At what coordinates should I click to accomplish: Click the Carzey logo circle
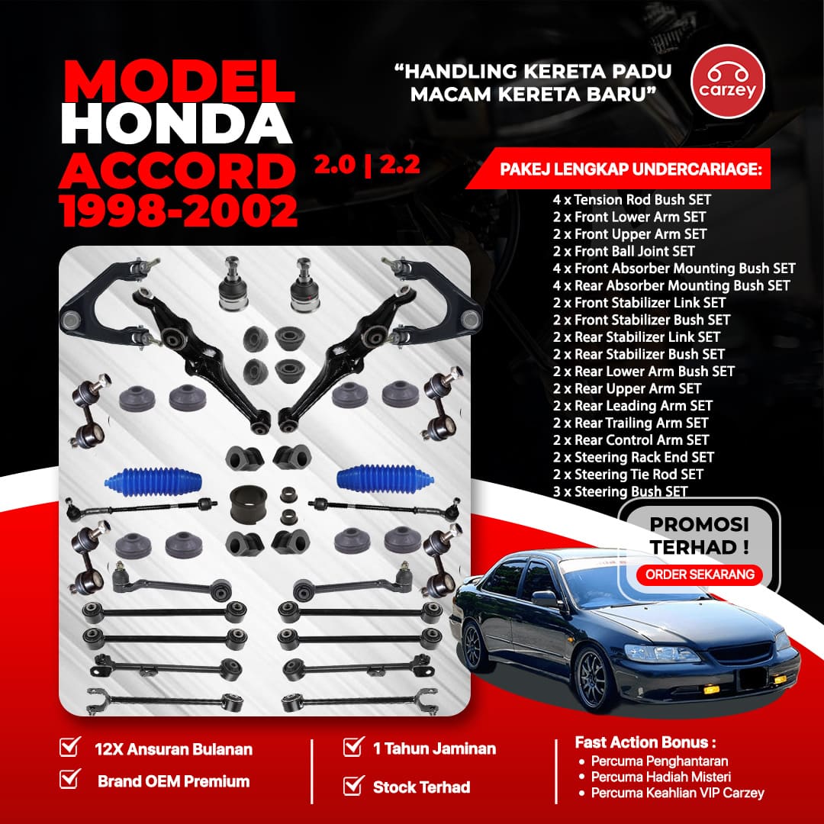point(727,82)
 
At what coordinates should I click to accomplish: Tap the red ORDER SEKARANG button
point(700,575)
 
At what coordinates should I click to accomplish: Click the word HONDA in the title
point(176,124)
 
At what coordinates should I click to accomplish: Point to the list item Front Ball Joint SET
point(623,251)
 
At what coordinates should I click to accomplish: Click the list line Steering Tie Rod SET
point(627,475)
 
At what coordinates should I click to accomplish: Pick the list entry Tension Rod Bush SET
point(631,200)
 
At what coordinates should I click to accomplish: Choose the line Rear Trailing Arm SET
point(630,423)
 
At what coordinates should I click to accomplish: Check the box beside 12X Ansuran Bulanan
point(70,747)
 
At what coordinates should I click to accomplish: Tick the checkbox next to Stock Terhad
point(353,786)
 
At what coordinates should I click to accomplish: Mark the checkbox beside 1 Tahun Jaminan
point(353,747)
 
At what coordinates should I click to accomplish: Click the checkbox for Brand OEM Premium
point(70,779)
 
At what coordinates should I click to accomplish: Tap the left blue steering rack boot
point(153,481)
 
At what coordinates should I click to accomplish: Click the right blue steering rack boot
point(385,479)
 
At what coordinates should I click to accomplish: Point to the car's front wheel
point(597,678)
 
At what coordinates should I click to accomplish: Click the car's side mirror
point(545,597)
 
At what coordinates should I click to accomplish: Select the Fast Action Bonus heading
point(645,742)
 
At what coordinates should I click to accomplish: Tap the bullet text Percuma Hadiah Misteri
point(661,777)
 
